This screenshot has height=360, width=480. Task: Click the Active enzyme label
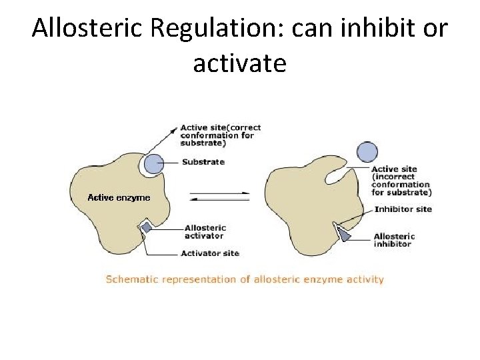point(119,197)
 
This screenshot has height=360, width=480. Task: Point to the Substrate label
point(203,162)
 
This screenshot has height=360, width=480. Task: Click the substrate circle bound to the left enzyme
point(153,164)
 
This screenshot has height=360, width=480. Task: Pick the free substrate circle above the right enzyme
point(367,152)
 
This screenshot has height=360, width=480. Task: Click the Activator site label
point(209,253)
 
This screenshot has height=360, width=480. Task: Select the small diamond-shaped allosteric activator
point(147,227)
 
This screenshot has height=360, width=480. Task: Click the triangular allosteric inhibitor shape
point(344,234)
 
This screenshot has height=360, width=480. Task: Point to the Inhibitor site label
point(403,209)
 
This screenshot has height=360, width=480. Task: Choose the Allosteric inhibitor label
point(394,240)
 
